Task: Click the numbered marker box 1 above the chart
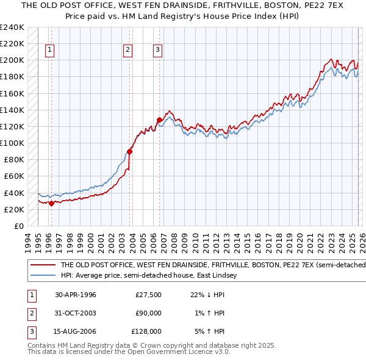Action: click(x=49, y=51)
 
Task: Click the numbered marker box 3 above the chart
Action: click(x=157, y=51)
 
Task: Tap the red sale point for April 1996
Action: click(x=51, y=204)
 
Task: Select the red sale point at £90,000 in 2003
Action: click(x=129, y=151)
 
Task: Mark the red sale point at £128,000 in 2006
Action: click(x=159, y=120)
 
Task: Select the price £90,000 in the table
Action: click(x=148, y=313)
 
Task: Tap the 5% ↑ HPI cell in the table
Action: click(x=209, y=331)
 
